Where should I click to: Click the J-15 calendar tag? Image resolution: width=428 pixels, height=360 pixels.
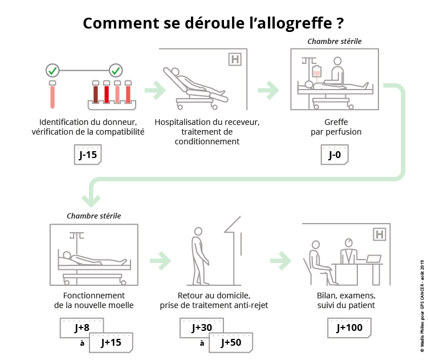tap(88, 155)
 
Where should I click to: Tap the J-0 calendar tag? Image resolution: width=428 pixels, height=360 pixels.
tap(335, 155)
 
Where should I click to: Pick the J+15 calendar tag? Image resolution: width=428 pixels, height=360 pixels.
tap(111, 342)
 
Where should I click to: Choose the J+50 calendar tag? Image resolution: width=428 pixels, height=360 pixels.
tap(231, 342)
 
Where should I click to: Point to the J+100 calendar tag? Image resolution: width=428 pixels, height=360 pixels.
tap(349, 327)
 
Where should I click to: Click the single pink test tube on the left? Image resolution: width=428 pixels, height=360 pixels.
tap(52, 94)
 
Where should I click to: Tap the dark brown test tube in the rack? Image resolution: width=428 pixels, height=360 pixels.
tap(96, 92)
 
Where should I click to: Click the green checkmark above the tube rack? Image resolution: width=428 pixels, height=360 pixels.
tap(116, 71)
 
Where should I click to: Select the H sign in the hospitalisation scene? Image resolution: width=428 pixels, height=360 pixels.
tap(235, 59)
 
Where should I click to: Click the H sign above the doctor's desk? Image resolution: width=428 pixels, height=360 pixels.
tap(380, 234)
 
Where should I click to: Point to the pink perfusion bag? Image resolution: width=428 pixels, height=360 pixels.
tap(317, 71)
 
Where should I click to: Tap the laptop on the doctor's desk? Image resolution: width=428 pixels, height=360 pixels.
tap(373, 258)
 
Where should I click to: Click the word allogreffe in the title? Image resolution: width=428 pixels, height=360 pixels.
tap(291, 23)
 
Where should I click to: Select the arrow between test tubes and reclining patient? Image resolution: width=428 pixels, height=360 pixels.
tap(155, 90)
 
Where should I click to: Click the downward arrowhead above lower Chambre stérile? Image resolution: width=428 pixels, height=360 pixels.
tap(91, 201)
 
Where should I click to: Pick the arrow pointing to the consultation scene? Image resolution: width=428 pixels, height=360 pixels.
tap(280, 261)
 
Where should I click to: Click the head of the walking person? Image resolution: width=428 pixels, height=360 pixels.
tap(198, 231)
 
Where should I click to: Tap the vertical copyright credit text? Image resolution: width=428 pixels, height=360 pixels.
tap(422, 306)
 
